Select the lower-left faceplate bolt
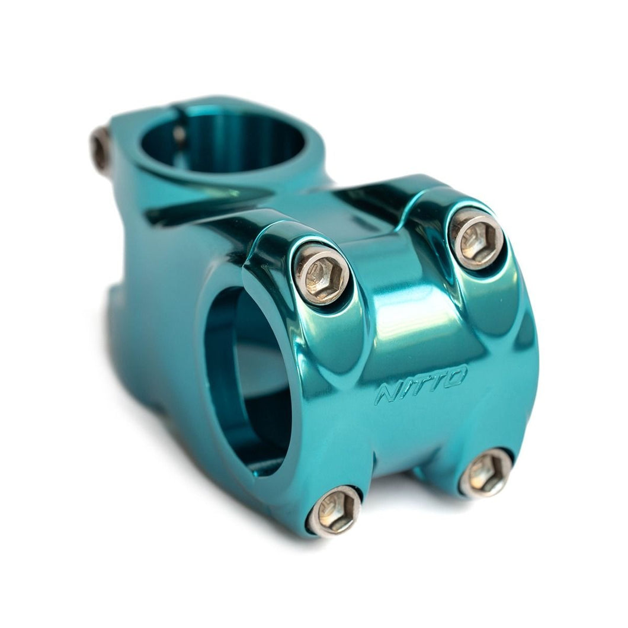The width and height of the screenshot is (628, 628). point(335,511)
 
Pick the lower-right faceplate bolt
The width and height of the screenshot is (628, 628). point(486,472)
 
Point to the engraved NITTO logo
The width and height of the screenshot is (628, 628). point(421,385)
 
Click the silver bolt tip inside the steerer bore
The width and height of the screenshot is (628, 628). point(179,135)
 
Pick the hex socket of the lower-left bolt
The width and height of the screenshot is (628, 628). point(335,511)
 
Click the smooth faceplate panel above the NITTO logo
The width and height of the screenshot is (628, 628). point(409,320)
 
